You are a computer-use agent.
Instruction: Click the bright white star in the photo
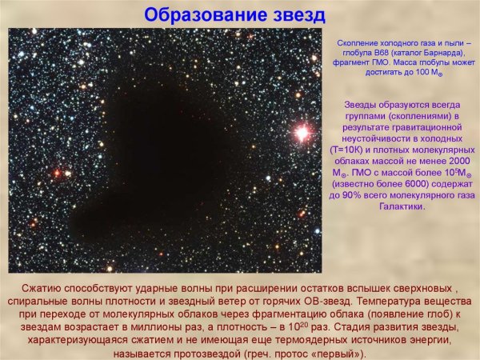coord(302,133)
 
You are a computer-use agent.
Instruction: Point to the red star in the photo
coord(57,172)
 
